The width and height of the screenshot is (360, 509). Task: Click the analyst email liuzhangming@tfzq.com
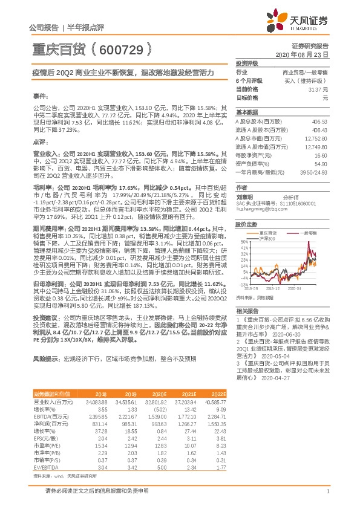click(x=259, y=209)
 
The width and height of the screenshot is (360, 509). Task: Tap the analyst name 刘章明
click(x=246, y=197)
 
